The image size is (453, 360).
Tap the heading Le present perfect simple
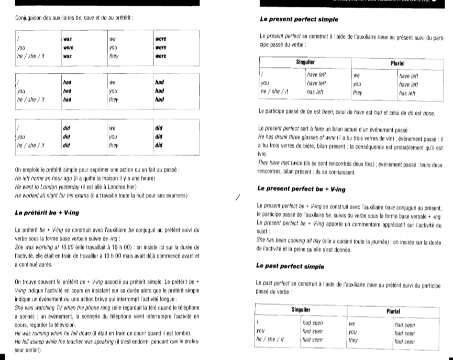[299, 19]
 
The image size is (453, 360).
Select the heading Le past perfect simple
[291, 266]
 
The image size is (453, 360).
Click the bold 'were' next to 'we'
[160, 39]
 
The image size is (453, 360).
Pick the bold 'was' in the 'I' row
[68, 39]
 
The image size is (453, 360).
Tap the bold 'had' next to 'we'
[159, 82]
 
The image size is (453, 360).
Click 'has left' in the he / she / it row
[315, 92]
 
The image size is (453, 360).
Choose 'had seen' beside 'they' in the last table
[404, 342]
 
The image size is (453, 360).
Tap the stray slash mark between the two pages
[238, 197]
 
